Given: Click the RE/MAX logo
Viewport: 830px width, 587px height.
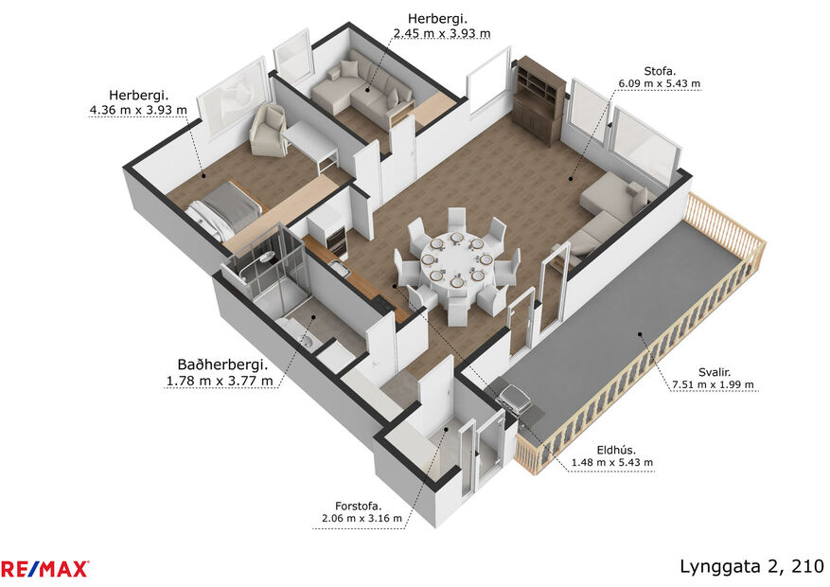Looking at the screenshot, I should click(44, 569).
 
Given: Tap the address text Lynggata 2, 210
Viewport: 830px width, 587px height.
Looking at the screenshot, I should click(751, 566).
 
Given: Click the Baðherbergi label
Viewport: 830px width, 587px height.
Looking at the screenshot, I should click(222, 365).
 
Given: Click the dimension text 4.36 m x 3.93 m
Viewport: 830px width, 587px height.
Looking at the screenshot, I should click(137, 110).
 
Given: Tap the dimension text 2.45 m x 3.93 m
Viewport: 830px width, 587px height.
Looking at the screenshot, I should click(441, 33).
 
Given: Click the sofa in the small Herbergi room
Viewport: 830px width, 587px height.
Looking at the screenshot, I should click(364, 89).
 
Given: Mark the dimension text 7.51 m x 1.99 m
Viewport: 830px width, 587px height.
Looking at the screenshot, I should click(713, 384).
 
